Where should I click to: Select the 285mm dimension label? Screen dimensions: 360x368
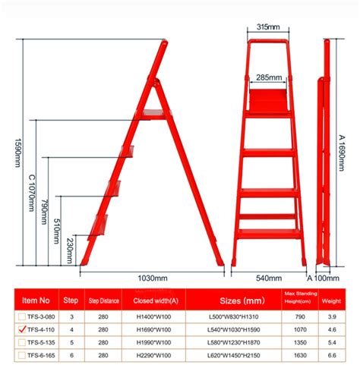coord(269,77)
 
